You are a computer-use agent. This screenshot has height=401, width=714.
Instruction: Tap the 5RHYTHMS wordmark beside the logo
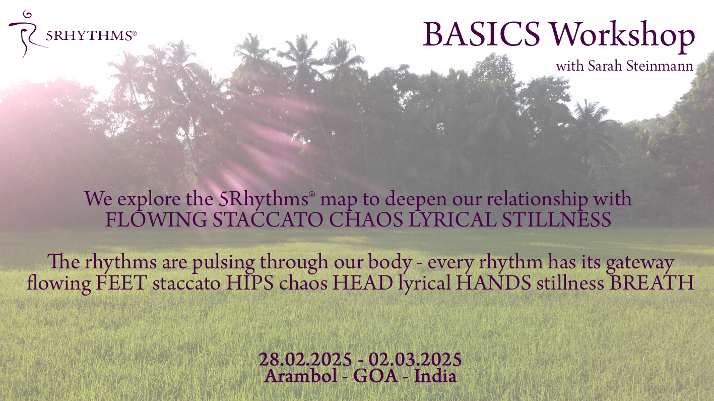click(91, 36)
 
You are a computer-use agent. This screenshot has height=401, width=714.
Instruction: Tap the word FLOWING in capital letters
click(156, 219)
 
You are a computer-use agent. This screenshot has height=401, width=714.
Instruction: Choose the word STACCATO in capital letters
click(268, 219)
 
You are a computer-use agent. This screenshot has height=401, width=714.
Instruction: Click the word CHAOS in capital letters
click(366, 219)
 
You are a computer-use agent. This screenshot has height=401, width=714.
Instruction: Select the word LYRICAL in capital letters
click(452, 219)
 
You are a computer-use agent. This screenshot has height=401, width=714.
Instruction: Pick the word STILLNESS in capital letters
click(556, 219)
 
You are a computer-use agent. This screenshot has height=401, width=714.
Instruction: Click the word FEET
click(121, 283)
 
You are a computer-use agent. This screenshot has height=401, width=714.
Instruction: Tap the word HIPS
click(249, 283)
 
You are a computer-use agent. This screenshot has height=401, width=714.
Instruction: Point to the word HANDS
click(493, 283)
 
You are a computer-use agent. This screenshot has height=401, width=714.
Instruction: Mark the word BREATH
click(652, 283)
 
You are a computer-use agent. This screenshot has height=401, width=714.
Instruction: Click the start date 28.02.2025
click(305, 360)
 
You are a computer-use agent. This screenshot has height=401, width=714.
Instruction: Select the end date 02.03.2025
click(415, 360)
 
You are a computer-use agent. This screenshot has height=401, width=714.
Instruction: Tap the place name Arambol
click(301, 376)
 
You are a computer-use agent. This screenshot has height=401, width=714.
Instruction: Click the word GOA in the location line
click(375, 376)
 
